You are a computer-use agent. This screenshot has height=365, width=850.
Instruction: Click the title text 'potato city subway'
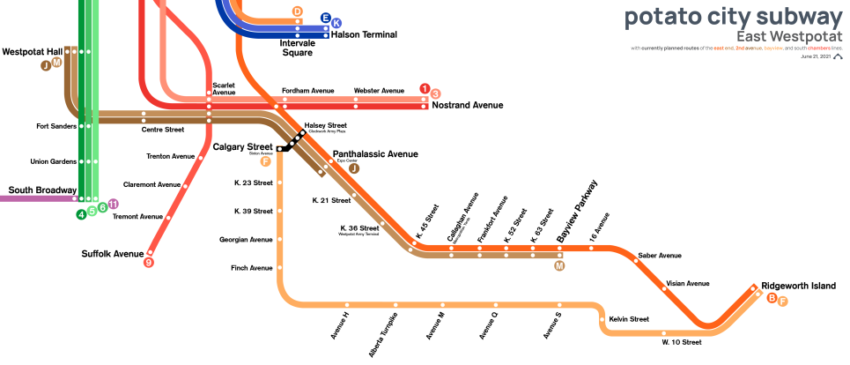click(734, 18)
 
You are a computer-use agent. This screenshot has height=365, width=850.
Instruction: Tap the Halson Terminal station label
click(364, 34)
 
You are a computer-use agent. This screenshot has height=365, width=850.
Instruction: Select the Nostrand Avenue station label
click(467, 106)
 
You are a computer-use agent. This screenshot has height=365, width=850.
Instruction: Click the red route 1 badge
click(425, 88)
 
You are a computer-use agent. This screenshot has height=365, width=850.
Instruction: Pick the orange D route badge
click(298, 11)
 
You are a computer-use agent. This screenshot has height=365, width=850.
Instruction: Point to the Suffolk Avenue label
click(112, 254)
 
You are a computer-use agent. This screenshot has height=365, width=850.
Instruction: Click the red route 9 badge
click(149, 262)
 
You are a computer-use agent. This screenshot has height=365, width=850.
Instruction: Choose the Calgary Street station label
click(242, 146)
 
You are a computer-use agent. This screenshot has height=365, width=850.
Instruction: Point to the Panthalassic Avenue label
click(374, 153)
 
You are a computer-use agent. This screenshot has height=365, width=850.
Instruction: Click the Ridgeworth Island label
click(798, 286)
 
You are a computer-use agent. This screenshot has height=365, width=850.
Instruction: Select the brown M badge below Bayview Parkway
click(558, 265)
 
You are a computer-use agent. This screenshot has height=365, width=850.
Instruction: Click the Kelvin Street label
click(629, 318)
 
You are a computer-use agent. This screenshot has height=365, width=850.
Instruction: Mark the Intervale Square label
click(297, 48)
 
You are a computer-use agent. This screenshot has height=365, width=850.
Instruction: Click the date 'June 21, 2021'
click(816, 56)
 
